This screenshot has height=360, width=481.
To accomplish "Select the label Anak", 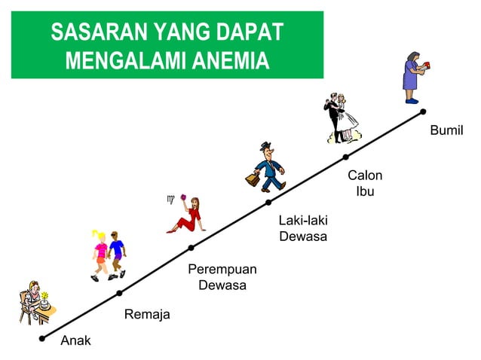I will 75,340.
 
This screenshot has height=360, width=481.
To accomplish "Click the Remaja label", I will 147,314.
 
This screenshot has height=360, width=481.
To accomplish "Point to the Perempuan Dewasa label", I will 222,277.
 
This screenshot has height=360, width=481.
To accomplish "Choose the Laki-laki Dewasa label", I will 302,228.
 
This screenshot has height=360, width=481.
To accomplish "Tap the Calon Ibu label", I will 365,183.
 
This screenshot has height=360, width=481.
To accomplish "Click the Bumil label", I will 446,131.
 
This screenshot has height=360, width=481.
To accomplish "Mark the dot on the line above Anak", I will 42,338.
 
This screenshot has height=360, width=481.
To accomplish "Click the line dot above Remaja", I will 119,292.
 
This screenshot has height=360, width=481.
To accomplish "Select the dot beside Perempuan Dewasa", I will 191,248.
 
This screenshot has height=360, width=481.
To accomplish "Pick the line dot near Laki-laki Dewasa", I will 268,202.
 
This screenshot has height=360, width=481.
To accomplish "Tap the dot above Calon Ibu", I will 345,157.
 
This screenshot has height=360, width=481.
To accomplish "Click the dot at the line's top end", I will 423,111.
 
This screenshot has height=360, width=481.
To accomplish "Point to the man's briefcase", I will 252,180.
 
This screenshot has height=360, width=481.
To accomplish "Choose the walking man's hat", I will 265,145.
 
